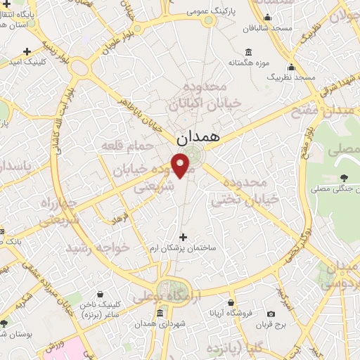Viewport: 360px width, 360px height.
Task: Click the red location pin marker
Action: [182, 165]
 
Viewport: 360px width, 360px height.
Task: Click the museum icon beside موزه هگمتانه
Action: [248, 52]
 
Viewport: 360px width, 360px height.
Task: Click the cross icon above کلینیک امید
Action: [27, 51]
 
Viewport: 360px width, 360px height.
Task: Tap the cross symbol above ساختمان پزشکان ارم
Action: [184, 237]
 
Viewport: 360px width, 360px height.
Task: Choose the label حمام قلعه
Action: [138, 145]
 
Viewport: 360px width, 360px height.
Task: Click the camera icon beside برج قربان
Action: [271, 314]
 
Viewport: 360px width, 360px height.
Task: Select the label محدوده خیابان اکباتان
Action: [204, 95]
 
